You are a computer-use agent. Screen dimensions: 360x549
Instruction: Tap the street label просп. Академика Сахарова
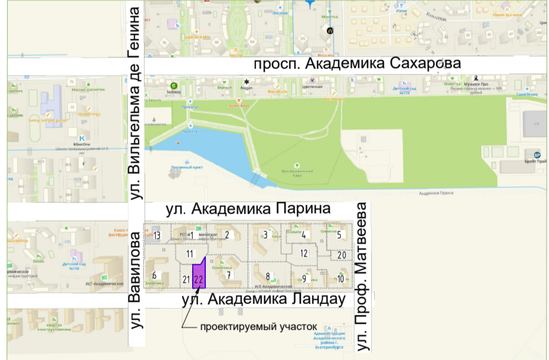(x=357, y=64)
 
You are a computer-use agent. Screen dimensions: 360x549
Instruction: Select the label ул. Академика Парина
(x=247, y=209)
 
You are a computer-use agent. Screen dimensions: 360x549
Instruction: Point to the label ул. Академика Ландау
(x=263, y=299)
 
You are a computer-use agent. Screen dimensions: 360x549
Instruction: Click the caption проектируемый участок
(x=259, y=327)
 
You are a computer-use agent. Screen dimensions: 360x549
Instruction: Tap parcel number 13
(x=157, y=236)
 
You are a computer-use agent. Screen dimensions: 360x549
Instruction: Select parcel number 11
(x=190, y=254)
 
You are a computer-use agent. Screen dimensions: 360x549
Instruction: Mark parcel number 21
(x=186, y=279)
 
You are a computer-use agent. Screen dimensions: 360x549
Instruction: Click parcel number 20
(x=341, y=255)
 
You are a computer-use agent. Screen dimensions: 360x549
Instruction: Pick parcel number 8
(x=268, y=276)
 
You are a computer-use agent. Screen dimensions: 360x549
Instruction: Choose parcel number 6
(x=154, y=275)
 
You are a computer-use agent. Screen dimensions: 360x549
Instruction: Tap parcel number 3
(x=265, y=234)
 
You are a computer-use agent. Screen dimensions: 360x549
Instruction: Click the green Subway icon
(x=174, y=85)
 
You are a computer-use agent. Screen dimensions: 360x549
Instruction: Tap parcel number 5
(x=340, y=234)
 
